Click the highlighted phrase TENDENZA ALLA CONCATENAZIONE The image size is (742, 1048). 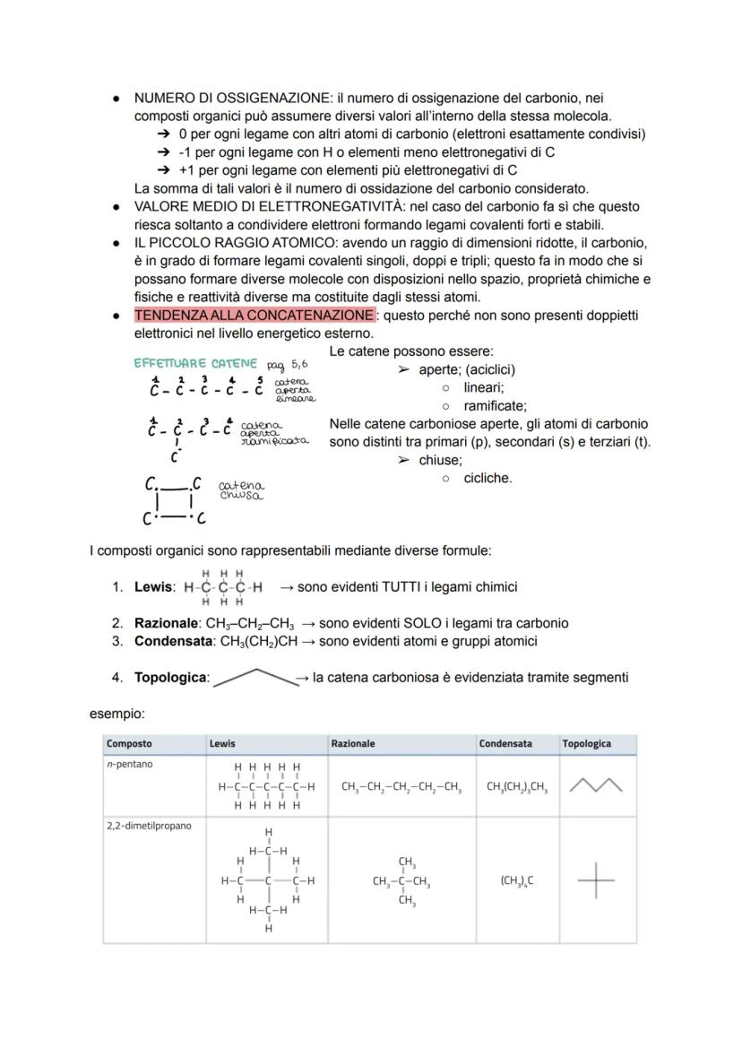click(x=254, y=316)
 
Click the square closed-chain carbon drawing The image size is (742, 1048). click(x=174, y=501)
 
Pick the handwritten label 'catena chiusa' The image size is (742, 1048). click(x=241, y=489)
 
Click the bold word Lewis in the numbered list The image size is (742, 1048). click(x=153, y=587)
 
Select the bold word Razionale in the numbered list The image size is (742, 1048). click(x=166, y=623)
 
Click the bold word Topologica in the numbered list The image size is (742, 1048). click(x=170, y=678)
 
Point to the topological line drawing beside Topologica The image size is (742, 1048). click(x=255, y=677)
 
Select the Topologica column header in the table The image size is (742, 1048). click(x=586, y=743)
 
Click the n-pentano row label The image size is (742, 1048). click(x=125, y=764)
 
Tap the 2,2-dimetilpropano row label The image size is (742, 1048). click(x=149, y=826)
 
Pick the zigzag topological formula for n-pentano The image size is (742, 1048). click(x=596, y=786)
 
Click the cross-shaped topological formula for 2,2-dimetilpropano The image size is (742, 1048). click(x=596, y=879)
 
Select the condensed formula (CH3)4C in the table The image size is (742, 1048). click(x=517, y=880)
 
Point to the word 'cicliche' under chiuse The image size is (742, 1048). click(x=487, y=478)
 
